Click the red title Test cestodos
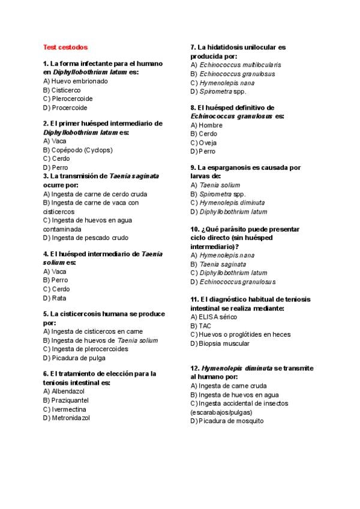tap(65, 47)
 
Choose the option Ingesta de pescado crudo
tap(85, 238)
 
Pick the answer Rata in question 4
tap(55, 298)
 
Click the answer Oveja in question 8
tap(203, 143)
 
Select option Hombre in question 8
tap(206, 125)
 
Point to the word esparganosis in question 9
tap(238, 167)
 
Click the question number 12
tap(194, 368)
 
